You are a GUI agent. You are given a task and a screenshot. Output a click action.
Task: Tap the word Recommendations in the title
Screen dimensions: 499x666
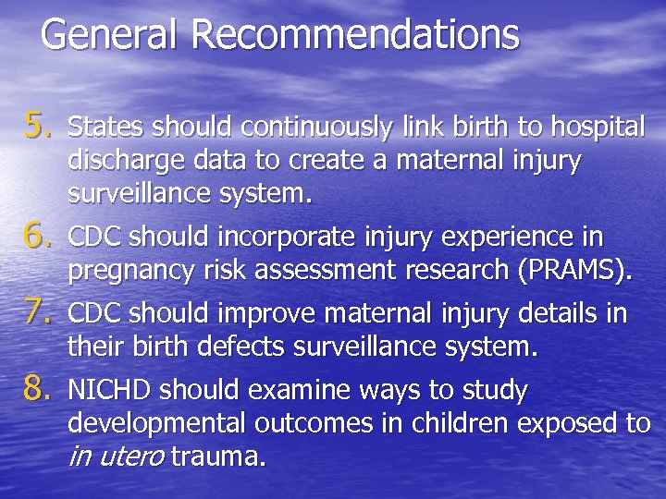click(355, 35)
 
